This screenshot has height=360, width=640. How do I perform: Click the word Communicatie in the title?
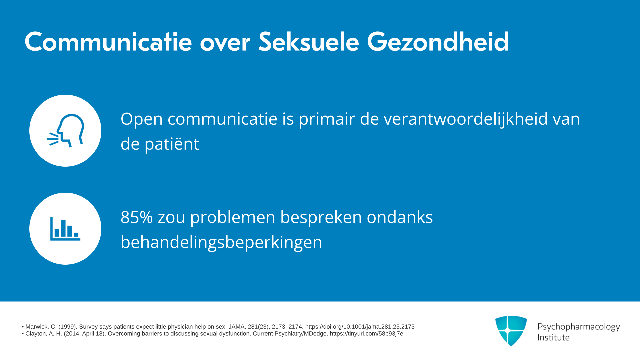pyautogui.click(x=108, y=42)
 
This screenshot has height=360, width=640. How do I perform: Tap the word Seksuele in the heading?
pyautogui.click(x=309, y=42)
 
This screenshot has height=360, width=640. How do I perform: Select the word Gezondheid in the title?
pyautogui.click(x=438, y=42)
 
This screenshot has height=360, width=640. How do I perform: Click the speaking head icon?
pyautogui.click(x=65, y=131)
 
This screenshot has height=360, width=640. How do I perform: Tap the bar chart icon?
pyautogui.click(x=65, y=229)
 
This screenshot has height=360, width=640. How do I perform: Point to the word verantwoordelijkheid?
pyautogui.click(x=466, y=119)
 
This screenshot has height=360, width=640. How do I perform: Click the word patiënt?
pyautogui.click(x=172, y=144)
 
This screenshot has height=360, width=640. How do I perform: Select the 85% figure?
pyautogui.click(x=137, y=217)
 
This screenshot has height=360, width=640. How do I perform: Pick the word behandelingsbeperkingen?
pyautogui.click(x=221, y=242)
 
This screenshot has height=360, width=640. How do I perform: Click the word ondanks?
pyautogui.click(x=400, y=217)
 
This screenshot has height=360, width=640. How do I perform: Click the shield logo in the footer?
pyautogui.click(x=511, y=331)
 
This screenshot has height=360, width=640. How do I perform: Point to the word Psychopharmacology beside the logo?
pyautogui.click(x=579, y=327)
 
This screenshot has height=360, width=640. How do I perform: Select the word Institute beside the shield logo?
pyautogui.click(x=553, y=337)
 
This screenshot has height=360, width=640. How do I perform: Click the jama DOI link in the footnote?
pyautogui.click(x=360, y=327)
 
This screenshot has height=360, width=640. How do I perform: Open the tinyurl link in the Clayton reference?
pyautogui.click(x=366, y=334)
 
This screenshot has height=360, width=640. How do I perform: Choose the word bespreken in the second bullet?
pyautogui.click(x=321, y=217)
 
